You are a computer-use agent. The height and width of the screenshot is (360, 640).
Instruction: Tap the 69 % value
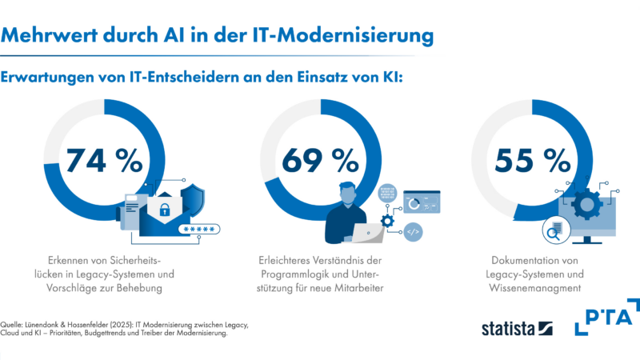[319, 160]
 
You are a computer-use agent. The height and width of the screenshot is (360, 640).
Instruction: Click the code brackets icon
[414, 232]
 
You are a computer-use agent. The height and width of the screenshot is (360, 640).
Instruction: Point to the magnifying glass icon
[551, 234]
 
